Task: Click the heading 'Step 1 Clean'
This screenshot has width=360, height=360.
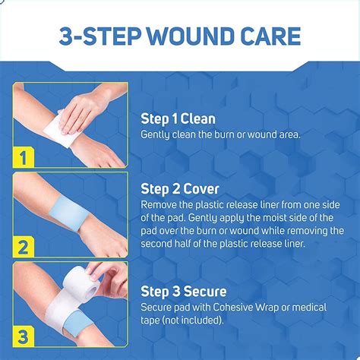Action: point(178,118)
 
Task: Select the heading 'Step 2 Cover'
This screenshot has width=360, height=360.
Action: point(179,189)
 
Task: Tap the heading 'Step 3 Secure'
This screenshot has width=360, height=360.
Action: point(184,291)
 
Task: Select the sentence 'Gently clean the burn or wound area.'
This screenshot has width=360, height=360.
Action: point(221,134)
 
